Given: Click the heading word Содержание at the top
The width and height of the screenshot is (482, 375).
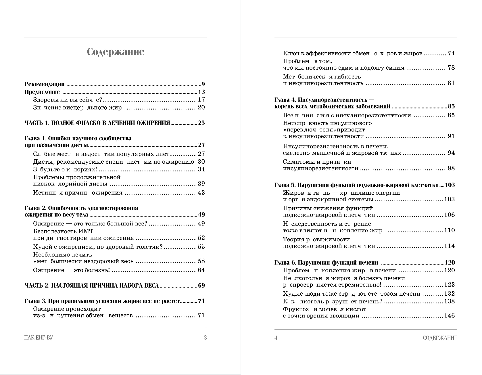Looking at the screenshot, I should click(x=115, y=52).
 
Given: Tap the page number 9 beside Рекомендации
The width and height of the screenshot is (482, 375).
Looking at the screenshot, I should click(x=203, y=85).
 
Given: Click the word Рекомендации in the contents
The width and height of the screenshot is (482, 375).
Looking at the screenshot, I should click(x=45, y=85).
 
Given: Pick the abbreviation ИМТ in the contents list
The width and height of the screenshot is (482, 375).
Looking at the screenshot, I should click(x=85, y=231).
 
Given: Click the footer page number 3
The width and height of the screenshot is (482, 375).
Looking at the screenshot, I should click(x=205, y=338).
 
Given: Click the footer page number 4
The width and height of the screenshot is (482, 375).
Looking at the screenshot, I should click(x=276, y=338).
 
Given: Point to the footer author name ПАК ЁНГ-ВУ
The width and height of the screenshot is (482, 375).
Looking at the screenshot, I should click(x=39, y=338).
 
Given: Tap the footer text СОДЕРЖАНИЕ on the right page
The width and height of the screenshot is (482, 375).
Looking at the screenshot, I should click(x=440, y=338).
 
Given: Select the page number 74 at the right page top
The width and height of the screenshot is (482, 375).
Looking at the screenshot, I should click(x=451, y=53).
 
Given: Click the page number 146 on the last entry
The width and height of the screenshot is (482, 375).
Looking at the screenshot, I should click(x=450, y=316).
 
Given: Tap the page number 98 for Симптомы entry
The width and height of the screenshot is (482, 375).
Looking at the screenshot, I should click(x=451, y=168).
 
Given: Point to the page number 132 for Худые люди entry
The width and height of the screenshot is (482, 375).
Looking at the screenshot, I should click(x=450, y=294).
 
